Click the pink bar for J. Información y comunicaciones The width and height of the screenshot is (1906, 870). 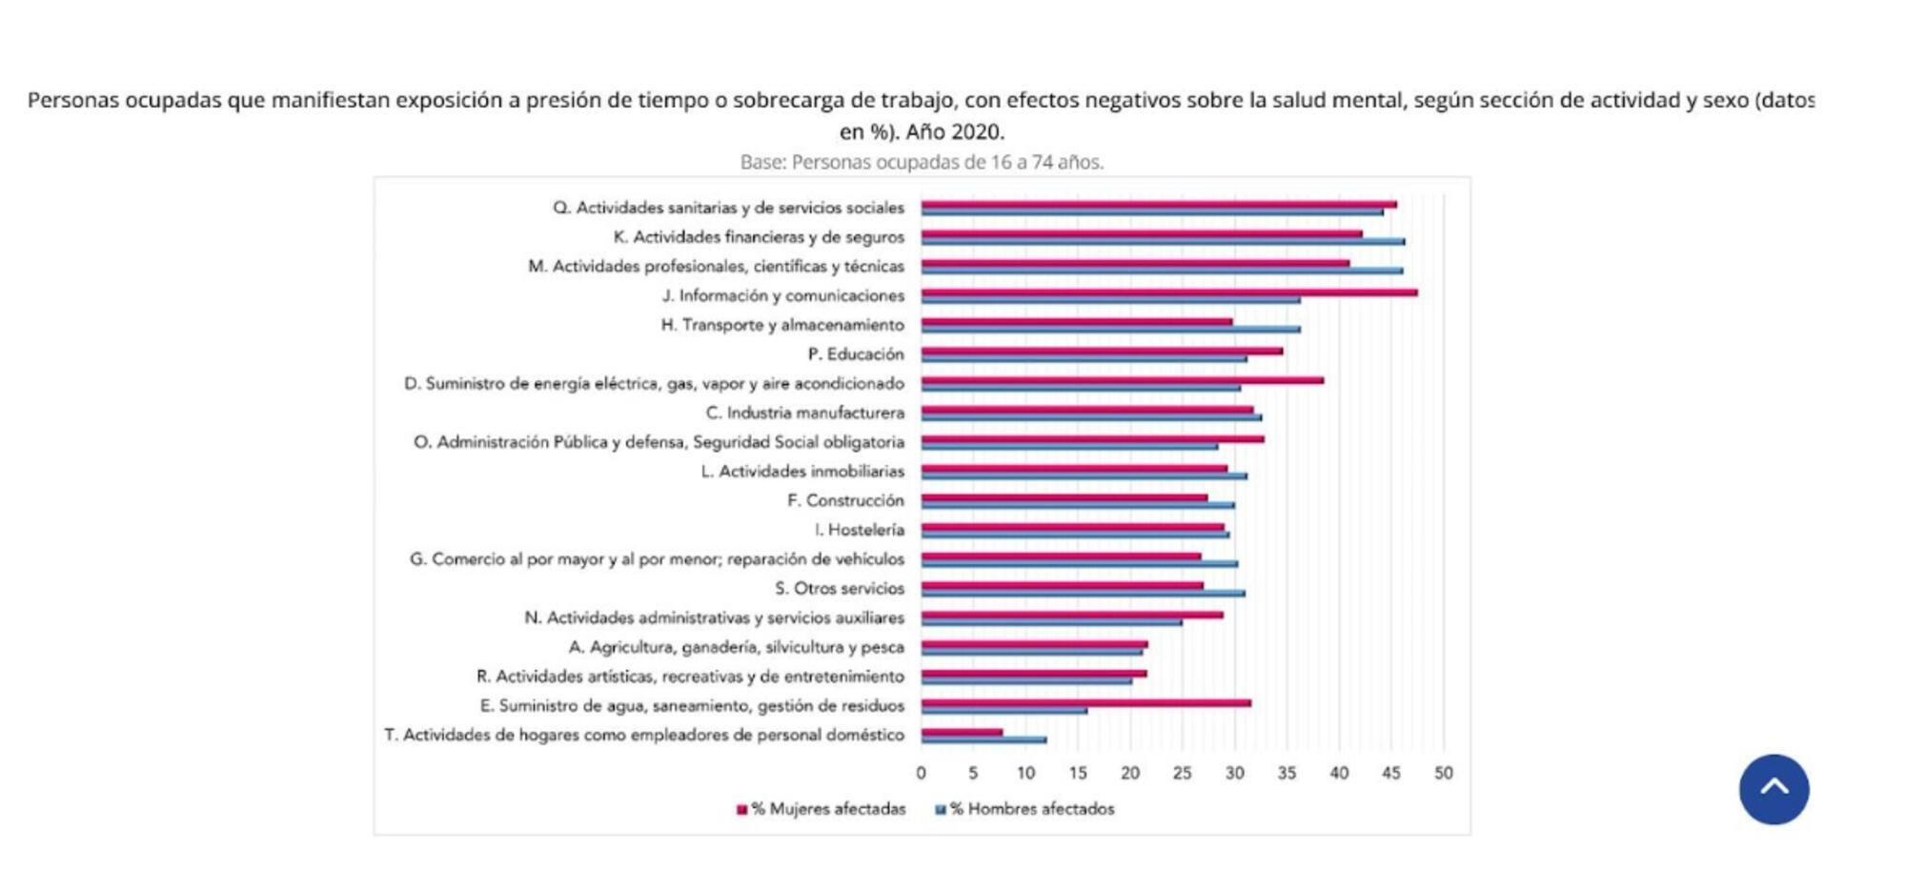1168,293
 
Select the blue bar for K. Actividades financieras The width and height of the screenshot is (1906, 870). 1163,242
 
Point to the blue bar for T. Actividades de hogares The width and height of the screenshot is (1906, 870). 983,739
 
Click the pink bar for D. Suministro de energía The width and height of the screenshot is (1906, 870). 1122,380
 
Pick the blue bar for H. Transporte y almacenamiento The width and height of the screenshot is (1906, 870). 1110,330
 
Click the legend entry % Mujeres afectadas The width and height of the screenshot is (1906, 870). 821,809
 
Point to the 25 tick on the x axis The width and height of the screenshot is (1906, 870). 1182,773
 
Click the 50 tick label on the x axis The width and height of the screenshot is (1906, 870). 1443,773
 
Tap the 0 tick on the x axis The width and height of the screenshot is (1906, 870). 921,773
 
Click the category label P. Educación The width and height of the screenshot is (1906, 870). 855,354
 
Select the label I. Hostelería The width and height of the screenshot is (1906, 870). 859,530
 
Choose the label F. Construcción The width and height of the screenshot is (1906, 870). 845,500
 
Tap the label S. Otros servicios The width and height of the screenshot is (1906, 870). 839,589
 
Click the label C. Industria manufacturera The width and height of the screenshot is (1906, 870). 805,413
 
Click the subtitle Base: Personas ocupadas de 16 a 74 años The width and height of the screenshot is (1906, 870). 922,162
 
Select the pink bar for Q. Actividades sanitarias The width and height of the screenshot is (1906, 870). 1158,204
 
